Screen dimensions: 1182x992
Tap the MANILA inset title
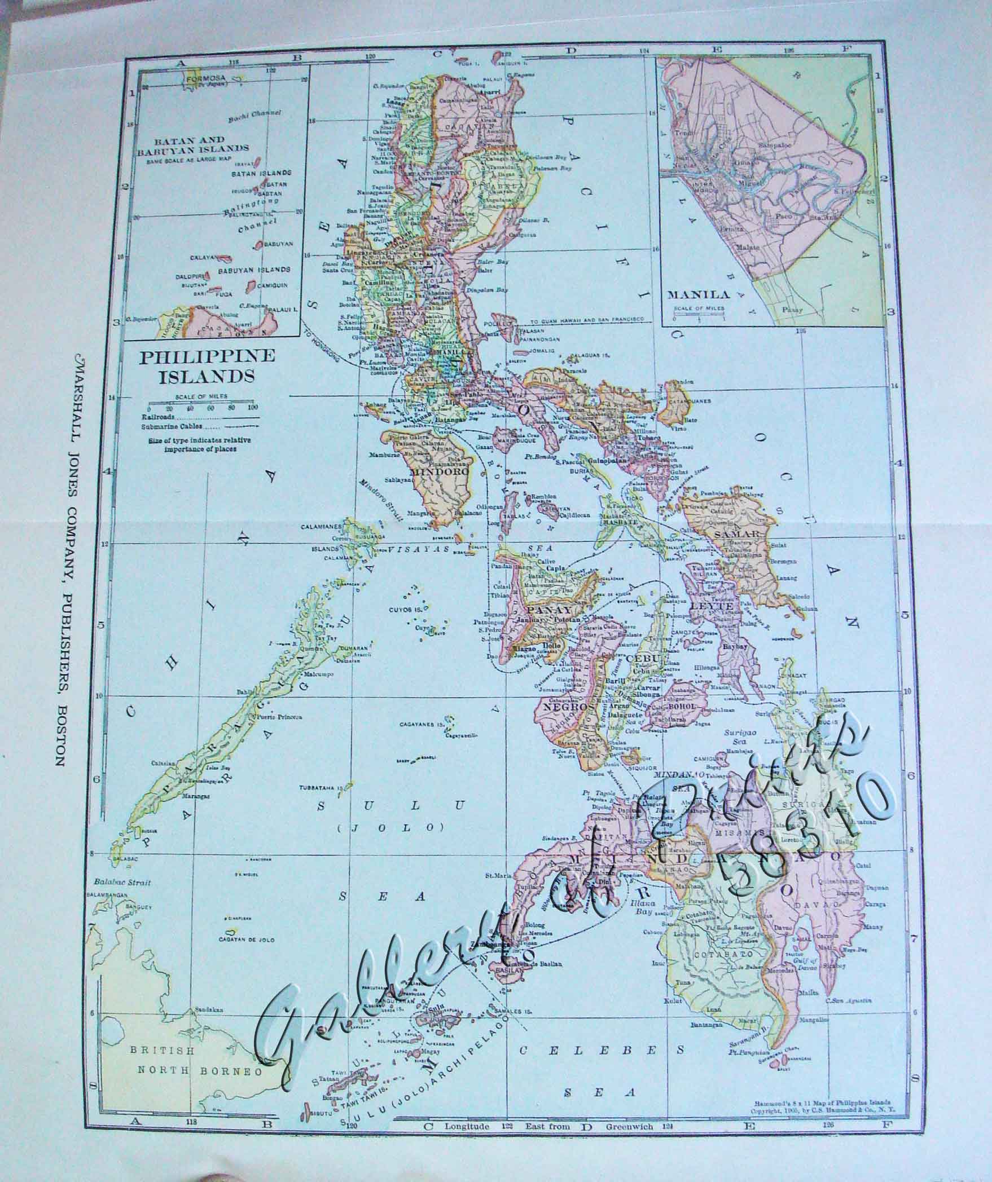coord(698,294)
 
